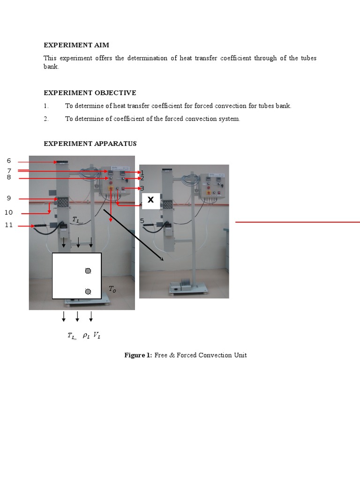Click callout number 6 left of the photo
tap(8, 161)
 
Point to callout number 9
tap(8, 198)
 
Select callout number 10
tap(9, 212)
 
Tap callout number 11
tap(9, 225)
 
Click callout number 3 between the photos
tap(142, 188)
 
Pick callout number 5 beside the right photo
tap(142, 221)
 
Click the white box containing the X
tap(150, 200)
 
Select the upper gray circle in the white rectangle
tap(88, 271)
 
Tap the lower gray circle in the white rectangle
tap(88, 292)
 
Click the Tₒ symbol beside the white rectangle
tap(112, 289)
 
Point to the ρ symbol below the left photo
tap(86, 335)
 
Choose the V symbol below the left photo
tap(96, 335)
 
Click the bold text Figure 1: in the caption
tap(138, 355)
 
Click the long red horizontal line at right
tap(297, 222)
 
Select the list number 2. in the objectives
tap(46, 119)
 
